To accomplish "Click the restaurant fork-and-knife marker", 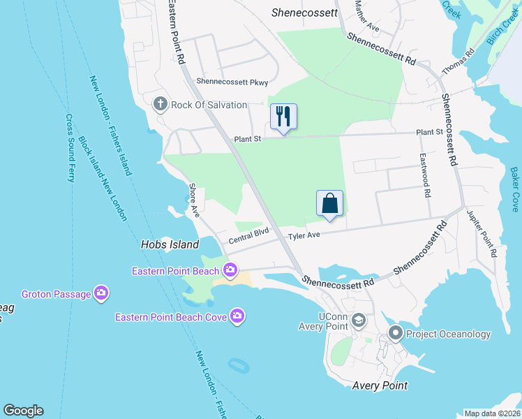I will tap(283, 116).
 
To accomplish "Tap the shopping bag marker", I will tap(330, 203).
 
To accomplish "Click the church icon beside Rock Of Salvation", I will tap(160, 105).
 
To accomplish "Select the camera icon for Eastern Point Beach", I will tap(231, 270).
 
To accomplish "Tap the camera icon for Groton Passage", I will tap(101, 294).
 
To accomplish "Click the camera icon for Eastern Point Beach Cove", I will tap(238, 317).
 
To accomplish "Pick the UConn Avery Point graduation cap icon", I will tap(359, 321).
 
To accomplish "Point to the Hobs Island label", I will tap(170, 244).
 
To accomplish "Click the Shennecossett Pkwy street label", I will tap(232, 82).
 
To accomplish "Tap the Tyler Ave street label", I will tap(304, 235).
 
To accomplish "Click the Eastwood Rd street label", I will tap(424, 175).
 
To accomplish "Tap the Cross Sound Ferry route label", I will tap(70, 147).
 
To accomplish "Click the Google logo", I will tap(23, 411).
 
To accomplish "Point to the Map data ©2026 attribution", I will tap(492, 413).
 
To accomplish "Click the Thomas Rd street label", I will tap(458, 63).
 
